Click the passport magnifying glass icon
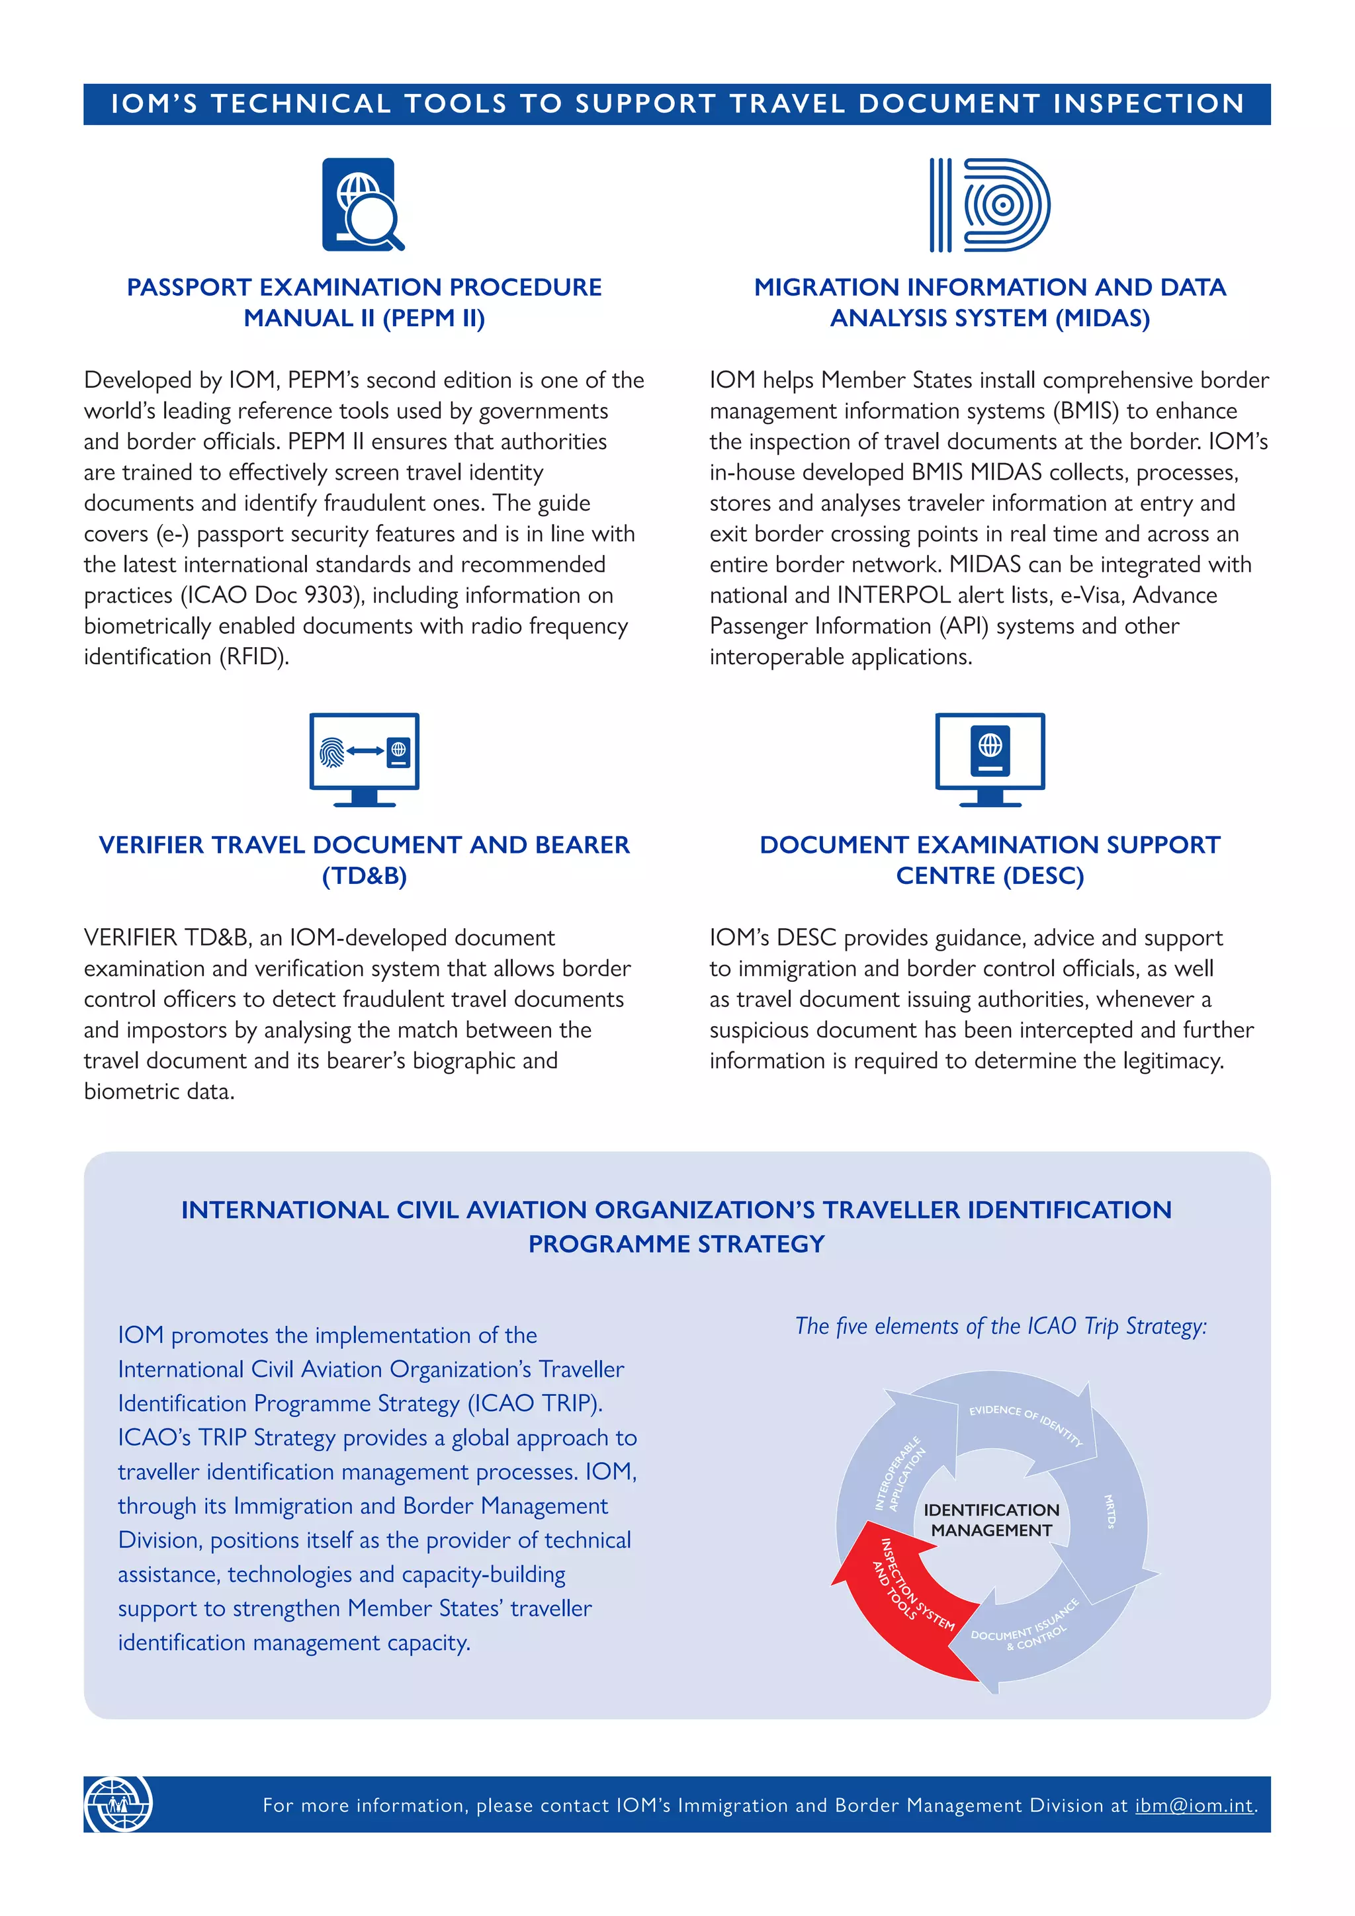point(363,204)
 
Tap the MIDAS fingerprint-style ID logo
point(990,204)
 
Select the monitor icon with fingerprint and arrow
point(364,759)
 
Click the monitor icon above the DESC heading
point(990,759)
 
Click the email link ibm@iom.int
point(1194,1805)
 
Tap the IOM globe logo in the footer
point(118,1804)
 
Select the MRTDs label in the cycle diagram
point(1109,1511)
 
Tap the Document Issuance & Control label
point(1026,1626)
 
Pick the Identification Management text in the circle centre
point(991,1520)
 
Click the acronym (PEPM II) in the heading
point(433,318)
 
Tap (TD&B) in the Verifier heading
point(364,875)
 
